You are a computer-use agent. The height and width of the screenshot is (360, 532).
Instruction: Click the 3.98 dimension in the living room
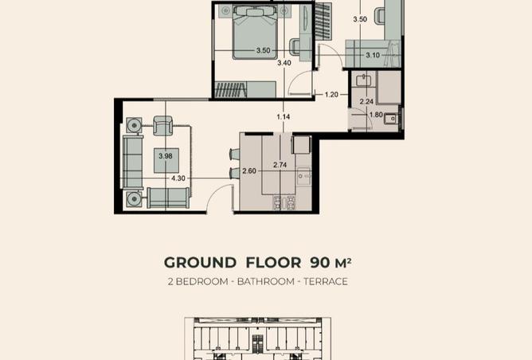click(x=166, y=156)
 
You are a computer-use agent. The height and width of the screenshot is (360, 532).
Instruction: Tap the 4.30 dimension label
click(x=178, y=178)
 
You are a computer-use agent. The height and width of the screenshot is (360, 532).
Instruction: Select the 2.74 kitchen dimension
click(x=280, y=165)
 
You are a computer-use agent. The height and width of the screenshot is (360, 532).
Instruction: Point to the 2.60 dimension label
click(x=249, y=171)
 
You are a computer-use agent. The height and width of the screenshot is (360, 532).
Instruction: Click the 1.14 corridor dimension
click(x=284, y=117)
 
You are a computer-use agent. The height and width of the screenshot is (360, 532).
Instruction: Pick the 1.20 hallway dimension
click(x=331, y=94)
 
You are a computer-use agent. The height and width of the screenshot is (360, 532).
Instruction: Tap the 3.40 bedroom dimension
click(x=284, y=63)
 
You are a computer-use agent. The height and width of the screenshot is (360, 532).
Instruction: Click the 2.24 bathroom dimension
click(x=366, y=101)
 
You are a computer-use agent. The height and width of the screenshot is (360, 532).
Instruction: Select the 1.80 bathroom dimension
click(x=376, y=115)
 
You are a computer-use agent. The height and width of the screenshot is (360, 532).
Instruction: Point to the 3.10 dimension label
click(x=373, y=55)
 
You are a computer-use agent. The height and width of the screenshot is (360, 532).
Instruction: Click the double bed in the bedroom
click(x=255, y=33)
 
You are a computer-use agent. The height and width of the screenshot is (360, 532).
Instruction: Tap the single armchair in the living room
click(x=162, y=126)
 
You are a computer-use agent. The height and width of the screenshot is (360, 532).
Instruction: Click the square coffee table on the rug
click(x=166, y=161)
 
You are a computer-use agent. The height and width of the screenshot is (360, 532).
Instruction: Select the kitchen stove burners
click(x=284, y=203)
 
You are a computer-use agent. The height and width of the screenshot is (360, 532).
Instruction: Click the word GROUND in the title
click(x=200, y=263)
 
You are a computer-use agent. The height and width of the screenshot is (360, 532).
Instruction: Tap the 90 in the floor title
click(x=319, y=263)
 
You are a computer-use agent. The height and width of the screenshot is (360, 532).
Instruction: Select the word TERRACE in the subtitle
click(x=326, y=282)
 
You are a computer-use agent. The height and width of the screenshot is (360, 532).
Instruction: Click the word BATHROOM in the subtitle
click(x=266, y=282)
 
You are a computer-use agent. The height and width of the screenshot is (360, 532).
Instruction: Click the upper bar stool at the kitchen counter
click(x=235, y=154)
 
